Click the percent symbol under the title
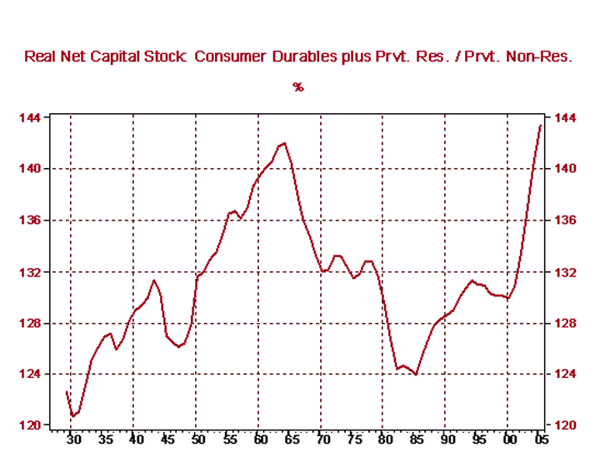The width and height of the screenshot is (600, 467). [298, 87]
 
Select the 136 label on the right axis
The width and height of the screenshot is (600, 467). [564, 221]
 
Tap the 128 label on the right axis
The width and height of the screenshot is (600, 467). [564, 323]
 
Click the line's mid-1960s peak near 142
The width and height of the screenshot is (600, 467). [284, 143]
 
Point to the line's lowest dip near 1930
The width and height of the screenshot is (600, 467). [72, 415]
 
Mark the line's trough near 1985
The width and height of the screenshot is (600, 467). [415, 375]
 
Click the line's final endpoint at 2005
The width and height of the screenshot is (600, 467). [540, 126]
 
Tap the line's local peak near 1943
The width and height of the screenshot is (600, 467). [153, 280]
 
